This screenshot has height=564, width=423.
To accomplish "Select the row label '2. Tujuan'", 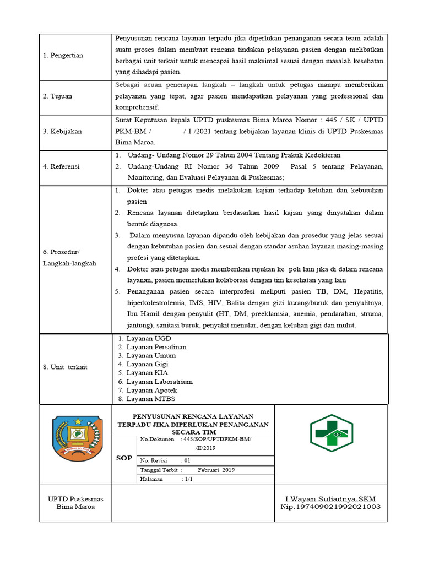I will click(57, 96).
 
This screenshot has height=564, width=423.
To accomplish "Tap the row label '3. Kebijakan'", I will click(62, 132).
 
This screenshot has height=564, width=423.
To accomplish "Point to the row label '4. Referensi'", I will click(61, 166).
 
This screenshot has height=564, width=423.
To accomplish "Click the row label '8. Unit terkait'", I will click(65, 367).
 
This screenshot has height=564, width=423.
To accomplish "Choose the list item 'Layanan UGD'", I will click(145, 338).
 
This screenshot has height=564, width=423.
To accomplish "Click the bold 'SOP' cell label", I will click(124, 458).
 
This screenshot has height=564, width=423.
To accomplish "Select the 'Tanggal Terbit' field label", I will click(159, 470).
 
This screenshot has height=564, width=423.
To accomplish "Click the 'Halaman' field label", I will click(152, 479).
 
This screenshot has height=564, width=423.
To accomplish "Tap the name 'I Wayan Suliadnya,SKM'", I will click(330, 498).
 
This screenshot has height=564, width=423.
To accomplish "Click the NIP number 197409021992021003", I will click(330, 507).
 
